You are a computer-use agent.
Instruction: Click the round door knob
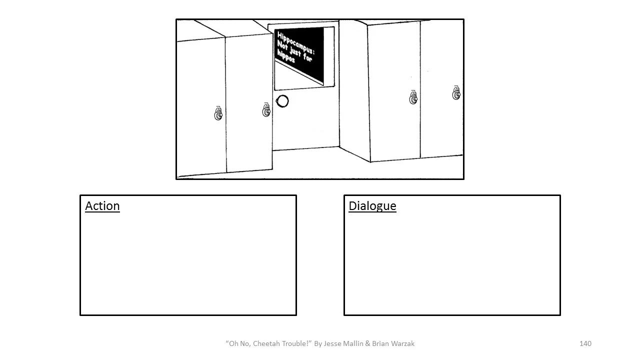click(x=282, y=101)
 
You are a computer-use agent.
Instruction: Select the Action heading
click(x=102, y=206)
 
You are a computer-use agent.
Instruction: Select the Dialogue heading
click(x=372, y=206)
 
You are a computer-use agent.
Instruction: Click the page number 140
click(x=585, y=343)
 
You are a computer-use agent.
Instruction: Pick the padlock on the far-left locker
click(x=218, y=114)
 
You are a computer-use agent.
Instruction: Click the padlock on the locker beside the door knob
click(x=266, y=110)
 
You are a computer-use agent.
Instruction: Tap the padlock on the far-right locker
click(x=456, y=93)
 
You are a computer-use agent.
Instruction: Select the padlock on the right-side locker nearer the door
click(x=413, y=98)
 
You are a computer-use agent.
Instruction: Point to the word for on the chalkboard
click(x=307, y=57)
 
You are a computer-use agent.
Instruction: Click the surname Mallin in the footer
click(x=355, y=343)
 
